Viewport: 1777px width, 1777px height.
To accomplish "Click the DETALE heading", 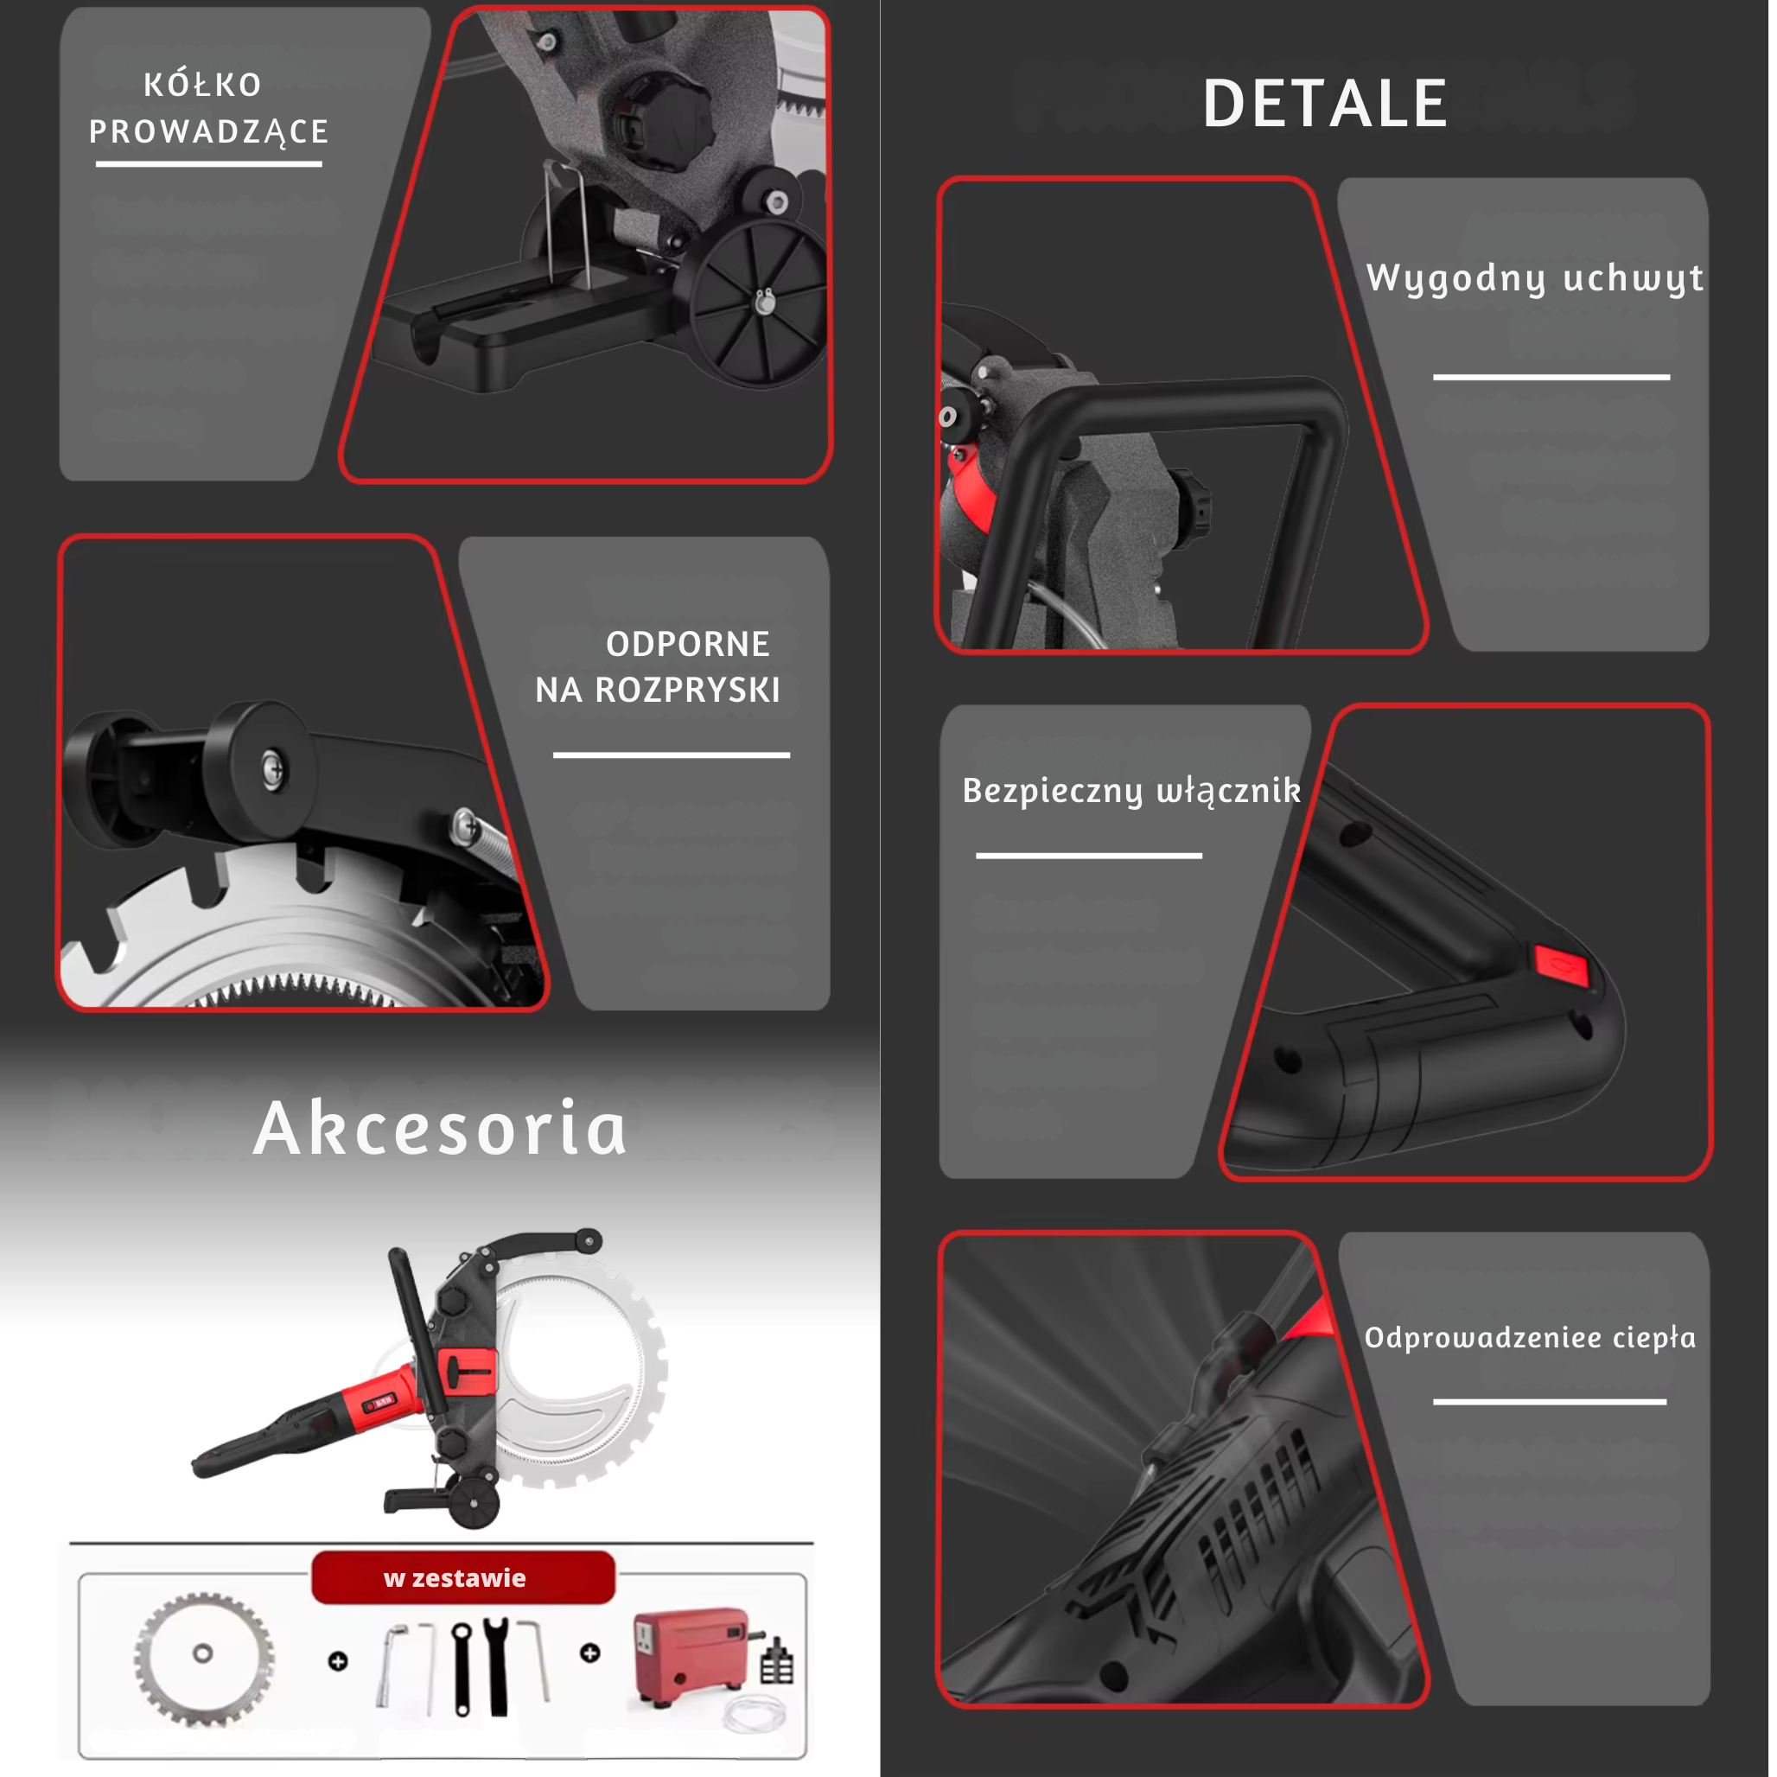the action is click(x=1325, y=103).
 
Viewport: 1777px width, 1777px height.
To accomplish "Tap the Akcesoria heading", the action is click(x=440, y=1128).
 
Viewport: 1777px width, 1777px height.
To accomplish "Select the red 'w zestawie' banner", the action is click(x=462, y=1577).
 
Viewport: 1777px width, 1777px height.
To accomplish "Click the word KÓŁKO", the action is click(x=203, y=84).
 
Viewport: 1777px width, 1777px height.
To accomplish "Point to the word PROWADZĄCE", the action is click(x=209, y=131).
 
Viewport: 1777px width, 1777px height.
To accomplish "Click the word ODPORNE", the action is click(x=688, y=644).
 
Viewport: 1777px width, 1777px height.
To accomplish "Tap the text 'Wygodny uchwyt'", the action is click(x=1535, y=277).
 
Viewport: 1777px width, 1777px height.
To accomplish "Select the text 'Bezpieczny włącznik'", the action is click(x=1131, y=791).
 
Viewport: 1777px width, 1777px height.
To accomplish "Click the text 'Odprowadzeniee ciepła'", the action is click(x=1530, y=1337).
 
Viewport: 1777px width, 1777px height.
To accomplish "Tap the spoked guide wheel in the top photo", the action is click(x=759, y=302).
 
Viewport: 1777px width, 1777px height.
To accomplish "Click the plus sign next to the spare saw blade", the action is click(x=339, y=1661).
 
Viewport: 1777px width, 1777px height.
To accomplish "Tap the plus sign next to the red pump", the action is click(x=590, y=1653).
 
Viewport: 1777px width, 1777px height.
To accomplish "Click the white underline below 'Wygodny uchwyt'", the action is click(x=1551, y=377).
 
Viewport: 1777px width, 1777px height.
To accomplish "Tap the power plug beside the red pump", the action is click(x=777, y=1660).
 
